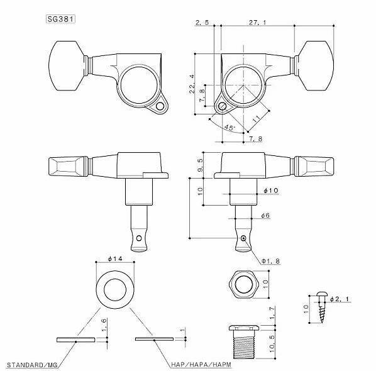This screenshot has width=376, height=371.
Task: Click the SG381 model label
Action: pyautogui.click(x=60, y=19)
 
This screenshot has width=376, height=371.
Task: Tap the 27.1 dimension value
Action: pyautogui.click(x=258, y=23)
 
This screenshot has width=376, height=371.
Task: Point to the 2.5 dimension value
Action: pyautogui.click(x=202, y=23)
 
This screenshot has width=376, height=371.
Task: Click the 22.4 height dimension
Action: pyautogui.click(x=192, y=84)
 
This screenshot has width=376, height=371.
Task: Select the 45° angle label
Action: pyautogui.click(x=229, y=128)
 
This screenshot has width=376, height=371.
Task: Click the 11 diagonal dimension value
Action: pyautogui.click(x=257, y=119)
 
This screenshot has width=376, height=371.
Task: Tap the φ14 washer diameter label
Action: pyautogui.click(x=115, y=258)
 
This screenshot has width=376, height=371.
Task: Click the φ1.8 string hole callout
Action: pyautogui.click(x=270, y=261)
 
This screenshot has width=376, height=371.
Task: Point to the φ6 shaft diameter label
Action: pyautogui.click(x=265, y=216)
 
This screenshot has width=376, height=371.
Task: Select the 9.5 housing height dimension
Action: pyautogui.click(x=200, y=165)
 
